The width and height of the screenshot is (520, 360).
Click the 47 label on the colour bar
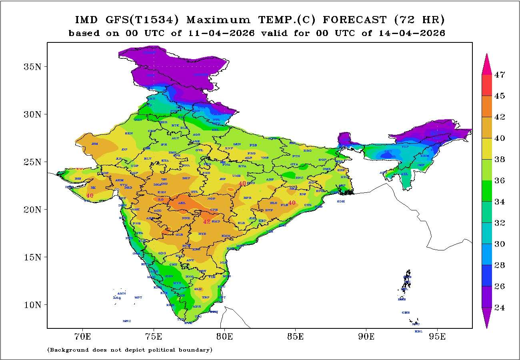(499, 75)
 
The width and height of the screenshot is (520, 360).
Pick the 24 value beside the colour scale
(499, 308)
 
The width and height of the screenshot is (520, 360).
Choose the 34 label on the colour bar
(499, 202)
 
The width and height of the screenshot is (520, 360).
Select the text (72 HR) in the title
(419, 20)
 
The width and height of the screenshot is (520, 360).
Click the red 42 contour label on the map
(207, 222)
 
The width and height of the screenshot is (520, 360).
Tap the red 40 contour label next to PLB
(292, 203)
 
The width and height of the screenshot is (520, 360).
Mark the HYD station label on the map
(202, 234)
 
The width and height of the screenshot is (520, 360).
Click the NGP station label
(211, 199)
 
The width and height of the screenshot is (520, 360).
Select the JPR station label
(164, 145)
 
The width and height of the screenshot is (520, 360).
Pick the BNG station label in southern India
(190, 276)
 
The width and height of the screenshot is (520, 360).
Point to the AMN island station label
(122, 293)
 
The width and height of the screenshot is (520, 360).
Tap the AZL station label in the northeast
(404, 174)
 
